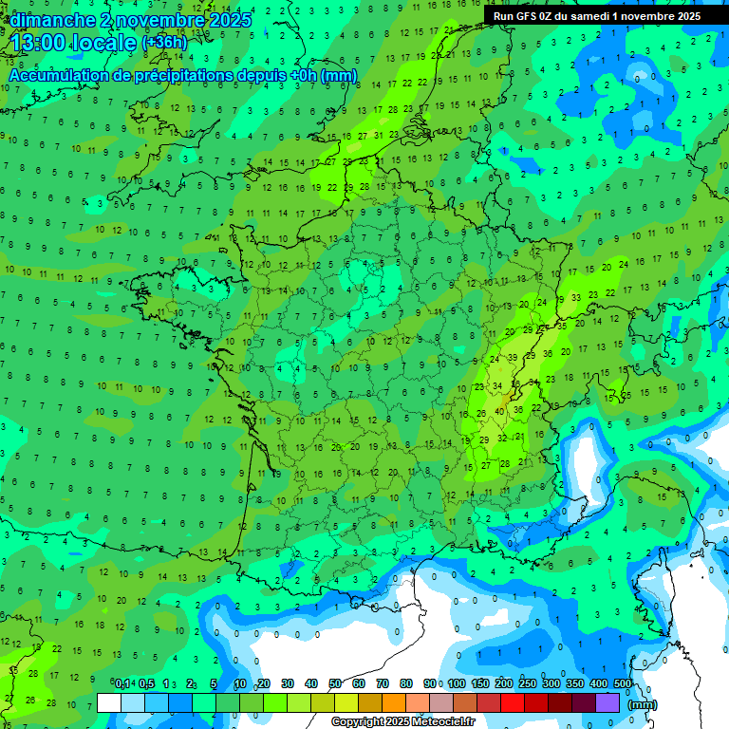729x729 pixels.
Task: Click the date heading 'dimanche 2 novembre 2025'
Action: (131, 20)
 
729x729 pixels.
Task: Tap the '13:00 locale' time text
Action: (73, 43)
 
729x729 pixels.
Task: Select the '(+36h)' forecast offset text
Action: (164, 43)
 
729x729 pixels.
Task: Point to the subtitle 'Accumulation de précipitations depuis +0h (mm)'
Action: (182, 75)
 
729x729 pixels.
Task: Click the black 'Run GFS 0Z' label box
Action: (592, 16)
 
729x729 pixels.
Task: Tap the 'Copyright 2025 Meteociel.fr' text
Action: (403, 721)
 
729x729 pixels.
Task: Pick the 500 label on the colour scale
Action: (623, 684)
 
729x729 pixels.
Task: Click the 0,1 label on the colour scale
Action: (122, 684)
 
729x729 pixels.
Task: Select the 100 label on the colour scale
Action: (457, 684)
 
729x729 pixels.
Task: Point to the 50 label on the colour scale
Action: (335, 684)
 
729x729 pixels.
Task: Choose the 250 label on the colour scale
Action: (528, 684)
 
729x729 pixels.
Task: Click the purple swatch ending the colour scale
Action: (607, 702)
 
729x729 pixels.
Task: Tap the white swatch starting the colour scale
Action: (109, 702)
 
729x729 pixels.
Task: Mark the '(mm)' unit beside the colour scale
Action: (643, 703)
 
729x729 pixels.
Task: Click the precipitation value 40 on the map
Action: (499, 410)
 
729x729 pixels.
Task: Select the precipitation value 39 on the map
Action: (513, 357)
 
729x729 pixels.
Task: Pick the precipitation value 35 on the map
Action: (562, 326)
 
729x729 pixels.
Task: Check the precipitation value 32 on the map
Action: (502, 439)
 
